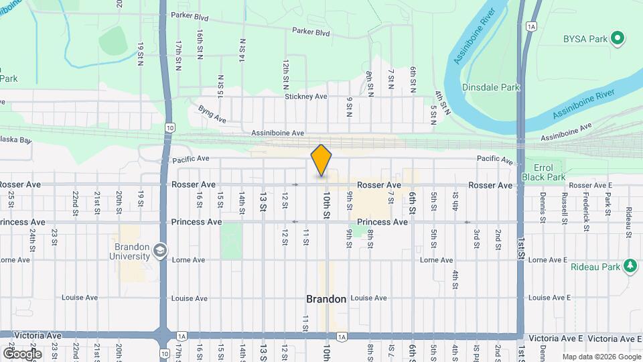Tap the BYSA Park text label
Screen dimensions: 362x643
[x=583, y=39]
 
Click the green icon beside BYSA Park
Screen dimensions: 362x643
[x=619, y=39]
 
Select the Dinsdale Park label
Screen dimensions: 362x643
[x=491, y=87]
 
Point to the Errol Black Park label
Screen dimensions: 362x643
[x=549, y=172]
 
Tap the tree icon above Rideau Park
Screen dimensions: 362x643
[x=630, y=266]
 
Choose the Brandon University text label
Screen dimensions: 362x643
[x=131, y=252]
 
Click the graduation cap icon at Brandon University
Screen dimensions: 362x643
[x=160, y=251]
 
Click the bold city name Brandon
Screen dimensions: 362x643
[x=326, y=299]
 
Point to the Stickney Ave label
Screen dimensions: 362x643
[x=305, y=97]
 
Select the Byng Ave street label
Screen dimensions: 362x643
[x=212, y=114]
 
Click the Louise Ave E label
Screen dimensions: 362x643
[x=549, y=298]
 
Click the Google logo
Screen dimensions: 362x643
[x=22, y=353]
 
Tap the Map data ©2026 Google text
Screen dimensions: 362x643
[x=601, y=357]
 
